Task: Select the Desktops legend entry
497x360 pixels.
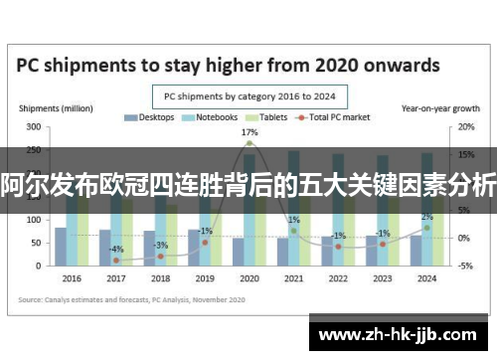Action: [149, 118]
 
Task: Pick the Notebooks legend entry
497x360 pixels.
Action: [210, 118]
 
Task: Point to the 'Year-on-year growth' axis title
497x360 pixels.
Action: [434, 107]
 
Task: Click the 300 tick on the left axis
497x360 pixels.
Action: [34, 127]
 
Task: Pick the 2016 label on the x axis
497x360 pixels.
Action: [72, 278]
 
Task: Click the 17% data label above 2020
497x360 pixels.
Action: [249, 132]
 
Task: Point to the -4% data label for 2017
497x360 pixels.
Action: [117, 249]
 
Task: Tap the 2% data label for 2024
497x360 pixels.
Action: [426, 217]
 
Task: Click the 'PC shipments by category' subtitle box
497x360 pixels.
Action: [248, 96]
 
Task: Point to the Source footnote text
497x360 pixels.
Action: [119, 298]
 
